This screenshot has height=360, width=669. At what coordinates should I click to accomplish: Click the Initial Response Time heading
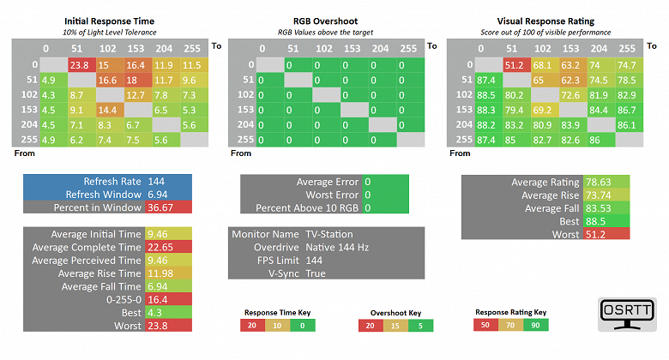(110, 19)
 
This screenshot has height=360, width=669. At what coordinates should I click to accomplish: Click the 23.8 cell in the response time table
(80, 64)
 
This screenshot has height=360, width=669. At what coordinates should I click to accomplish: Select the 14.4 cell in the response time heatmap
(107, 110)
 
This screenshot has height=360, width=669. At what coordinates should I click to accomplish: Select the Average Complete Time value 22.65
(156, 247)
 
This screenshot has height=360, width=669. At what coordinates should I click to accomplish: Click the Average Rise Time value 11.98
(156, 273)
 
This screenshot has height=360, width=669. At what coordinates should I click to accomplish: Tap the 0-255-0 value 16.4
(156, 300)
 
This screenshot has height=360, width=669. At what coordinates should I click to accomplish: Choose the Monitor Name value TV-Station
(329, 234)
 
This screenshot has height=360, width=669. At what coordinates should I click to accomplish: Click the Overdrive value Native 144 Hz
(336, 247)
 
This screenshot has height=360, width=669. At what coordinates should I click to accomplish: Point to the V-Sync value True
(316, 273)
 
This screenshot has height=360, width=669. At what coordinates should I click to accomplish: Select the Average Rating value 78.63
(597, 182)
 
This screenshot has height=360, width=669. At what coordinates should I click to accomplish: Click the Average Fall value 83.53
(597, 208)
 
